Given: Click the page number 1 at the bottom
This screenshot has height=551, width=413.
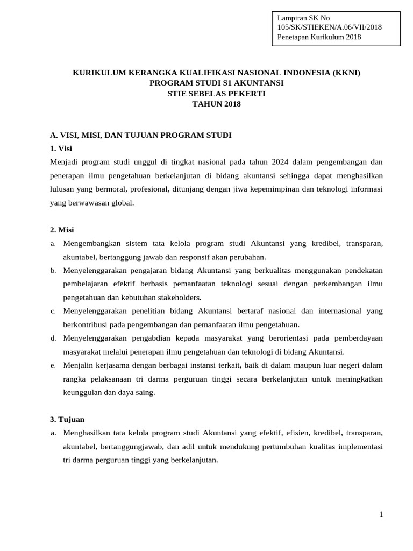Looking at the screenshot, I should coord(381,514).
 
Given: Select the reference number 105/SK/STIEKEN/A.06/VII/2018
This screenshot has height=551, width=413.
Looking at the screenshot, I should coord(329,27).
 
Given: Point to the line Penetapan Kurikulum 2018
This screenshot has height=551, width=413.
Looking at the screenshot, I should coord(319,37).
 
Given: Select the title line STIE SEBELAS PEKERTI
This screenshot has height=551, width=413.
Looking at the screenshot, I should coord(216,94).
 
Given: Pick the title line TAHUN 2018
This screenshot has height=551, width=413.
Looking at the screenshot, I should coord(216,104).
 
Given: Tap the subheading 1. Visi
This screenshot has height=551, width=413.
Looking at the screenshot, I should coord(61,148).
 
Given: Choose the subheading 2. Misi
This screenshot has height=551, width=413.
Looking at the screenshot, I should coord(62,230).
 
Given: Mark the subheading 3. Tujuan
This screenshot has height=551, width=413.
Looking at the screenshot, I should coord(67,419).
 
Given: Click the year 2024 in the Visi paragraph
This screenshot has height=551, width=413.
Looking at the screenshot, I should coord(281,161).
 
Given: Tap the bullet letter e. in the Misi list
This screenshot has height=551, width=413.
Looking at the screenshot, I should coord(53,365).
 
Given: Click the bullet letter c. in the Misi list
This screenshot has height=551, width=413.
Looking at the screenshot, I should coord(53,311).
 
